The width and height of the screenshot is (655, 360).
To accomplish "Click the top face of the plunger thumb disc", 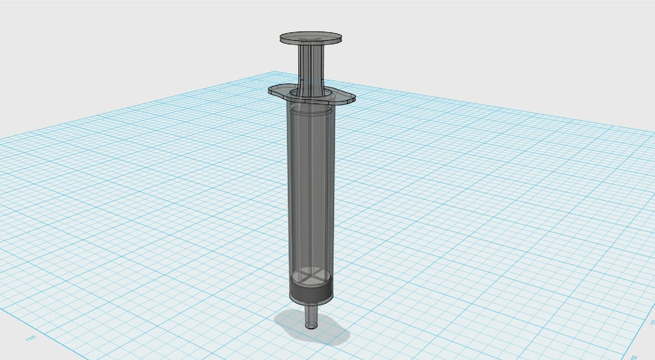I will [310, 37].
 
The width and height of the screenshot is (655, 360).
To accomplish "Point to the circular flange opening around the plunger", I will [311, 94].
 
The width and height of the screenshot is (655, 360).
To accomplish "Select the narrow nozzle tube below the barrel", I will [312, 315].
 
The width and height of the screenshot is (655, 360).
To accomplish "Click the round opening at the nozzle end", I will [312, 325].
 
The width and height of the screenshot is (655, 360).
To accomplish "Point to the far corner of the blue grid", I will [276, 72].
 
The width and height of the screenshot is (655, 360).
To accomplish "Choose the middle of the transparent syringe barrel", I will [311, 192].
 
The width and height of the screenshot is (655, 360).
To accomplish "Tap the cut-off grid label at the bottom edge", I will [634, 356].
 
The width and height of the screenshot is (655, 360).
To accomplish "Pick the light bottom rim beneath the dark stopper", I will [312, 302].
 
